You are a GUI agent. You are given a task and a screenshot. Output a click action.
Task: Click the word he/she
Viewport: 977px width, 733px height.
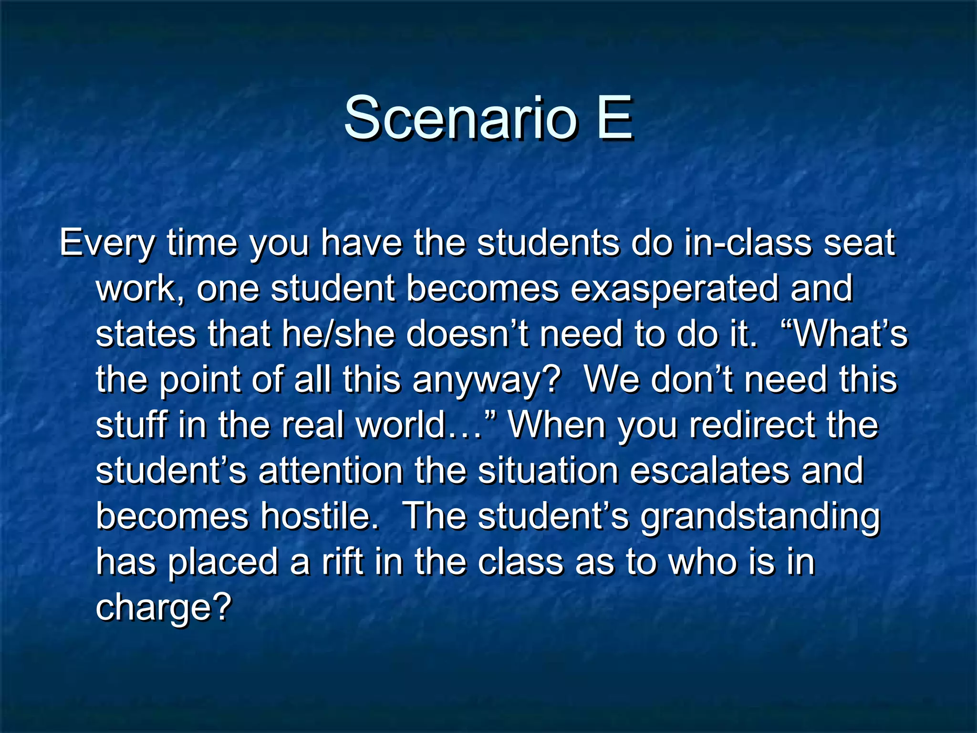click(x=338, y=334)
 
